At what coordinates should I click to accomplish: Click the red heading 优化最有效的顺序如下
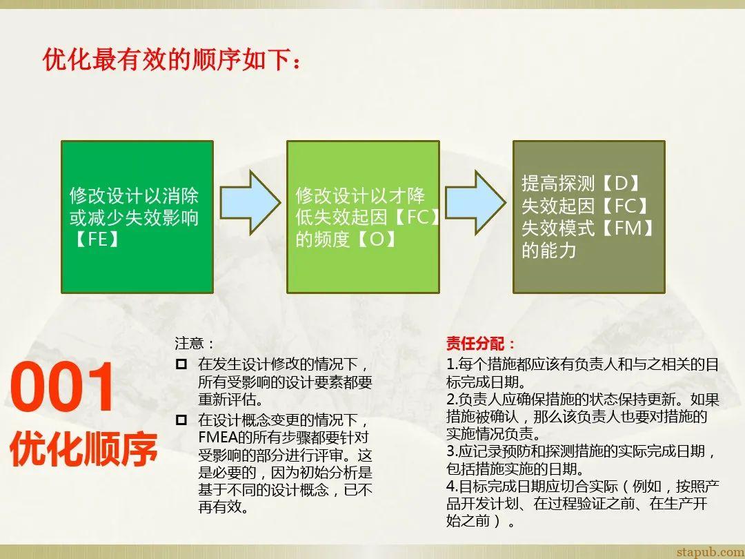172,60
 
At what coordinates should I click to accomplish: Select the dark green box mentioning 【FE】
137,217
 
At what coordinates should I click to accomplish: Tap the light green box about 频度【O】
363,217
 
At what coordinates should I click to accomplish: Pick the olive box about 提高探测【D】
588,217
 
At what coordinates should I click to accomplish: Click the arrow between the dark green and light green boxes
250,201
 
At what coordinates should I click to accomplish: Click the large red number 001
62,389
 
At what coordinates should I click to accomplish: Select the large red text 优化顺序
83,449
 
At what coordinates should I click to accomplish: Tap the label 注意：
195,343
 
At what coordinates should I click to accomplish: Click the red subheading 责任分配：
480,344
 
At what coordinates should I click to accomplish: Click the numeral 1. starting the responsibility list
452,364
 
